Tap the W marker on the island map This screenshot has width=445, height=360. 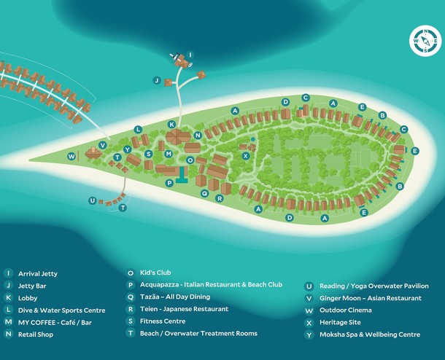(71, 156)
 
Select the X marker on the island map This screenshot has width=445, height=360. (246, 155)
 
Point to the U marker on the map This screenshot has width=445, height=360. (92, 200)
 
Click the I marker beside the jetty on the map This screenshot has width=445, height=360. (190, 55)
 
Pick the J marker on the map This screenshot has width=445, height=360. (156, 80)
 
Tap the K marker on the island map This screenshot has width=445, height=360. (171, 124)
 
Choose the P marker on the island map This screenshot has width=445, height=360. (169, 183)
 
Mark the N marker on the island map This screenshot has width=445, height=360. (198, 135)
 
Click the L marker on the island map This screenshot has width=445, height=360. (137, 129)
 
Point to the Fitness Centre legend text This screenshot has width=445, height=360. (163, 321)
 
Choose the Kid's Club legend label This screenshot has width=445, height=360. (154, 273)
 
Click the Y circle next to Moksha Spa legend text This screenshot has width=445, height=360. (310, 334)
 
